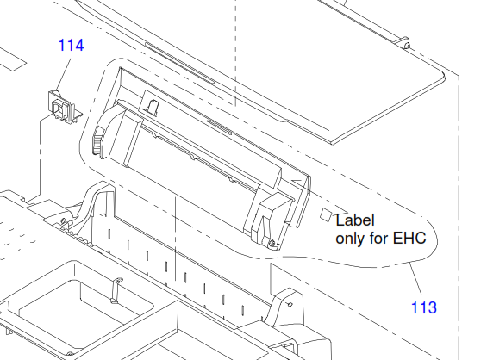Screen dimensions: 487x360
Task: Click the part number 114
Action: [x=72, y=46]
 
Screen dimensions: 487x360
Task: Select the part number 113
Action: [x=424, y=307]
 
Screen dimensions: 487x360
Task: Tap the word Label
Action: [x=355, y=220]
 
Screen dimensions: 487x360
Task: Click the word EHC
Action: [x=409, y=239]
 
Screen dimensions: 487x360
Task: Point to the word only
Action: [x=351, y=239]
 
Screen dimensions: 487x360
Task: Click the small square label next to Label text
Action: [x=326, y=214]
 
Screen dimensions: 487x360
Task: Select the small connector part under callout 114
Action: [x=64, y=106]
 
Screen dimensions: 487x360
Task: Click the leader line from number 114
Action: [x=64, y=71]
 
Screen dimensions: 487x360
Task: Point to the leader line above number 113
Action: [x=416, y=279]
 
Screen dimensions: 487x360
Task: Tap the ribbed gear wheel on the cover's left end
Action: [x=97, y=141]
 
